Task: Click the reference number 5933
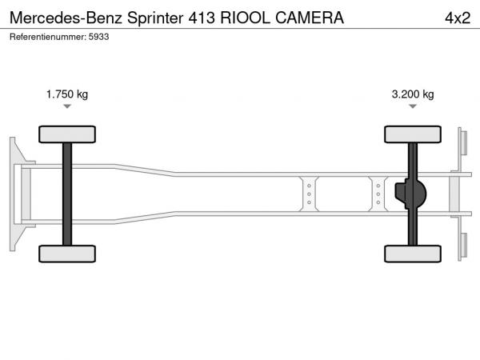[x=98, y=38]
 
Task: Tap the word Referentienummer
[x=47, y=38]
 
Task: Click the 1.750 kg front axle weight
[x=67, y=94]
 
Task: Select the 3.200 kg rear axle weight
[x=412, y=94]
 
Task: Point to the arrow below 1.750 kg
[x=67, y=107]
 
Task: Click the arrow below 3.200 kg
[x=413, y=107]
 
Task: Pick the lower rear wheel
[x=413, y=254]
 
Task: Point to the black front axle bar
[x=67, y=194]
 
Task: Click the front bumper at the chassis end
[x=17, y=193]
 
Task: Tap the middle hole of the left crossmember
[x=308, y=193]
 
